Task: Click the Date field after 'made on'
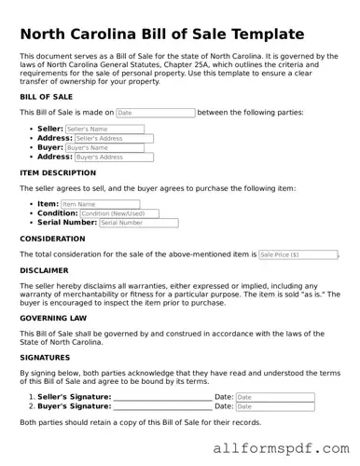click(155, 113)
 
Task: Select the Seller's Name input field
click(110, 129)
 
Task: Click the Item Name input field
click(100, 204)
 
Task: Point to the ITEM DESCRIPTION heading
click(58, 173)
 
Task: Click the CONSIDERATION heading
click(52, 239)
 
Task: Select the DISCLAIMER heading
click(43, 270)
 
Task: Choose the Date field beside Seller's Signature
click(274, 397)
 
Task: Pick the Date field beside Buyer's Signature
click(274, 406)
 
